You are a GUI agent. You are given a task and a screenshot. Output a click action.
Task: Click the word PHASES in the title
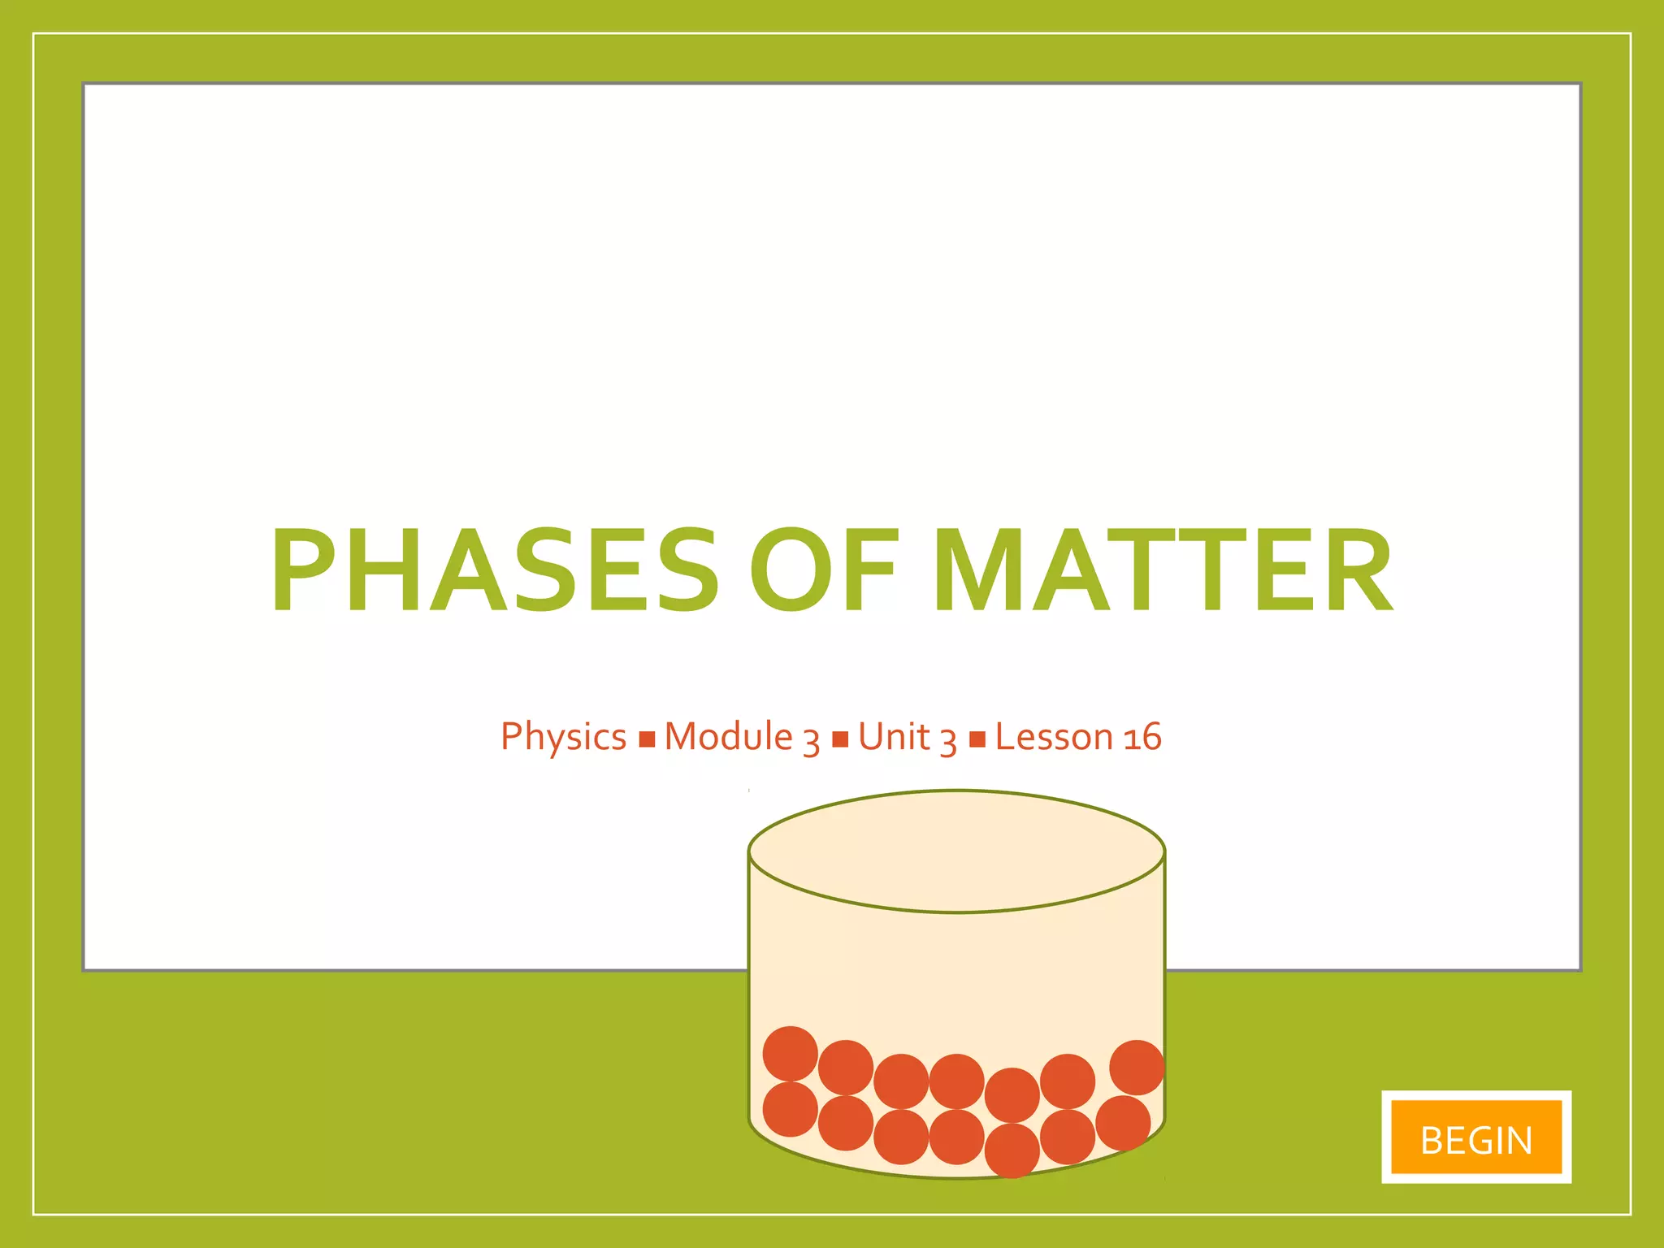495,570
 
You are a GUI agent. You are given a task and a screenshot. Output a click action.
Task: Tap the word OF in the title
824,570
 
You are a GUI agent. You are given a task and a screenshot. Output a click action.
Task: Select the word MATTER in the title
1163,570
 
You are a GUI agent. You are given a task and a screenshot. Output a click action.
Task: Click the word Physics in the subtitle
563,737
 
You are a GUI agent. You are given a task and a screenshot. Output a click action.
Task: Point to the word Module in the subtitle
728,737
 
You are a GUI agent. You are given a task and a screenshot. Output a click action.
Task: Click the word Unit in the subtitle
894,737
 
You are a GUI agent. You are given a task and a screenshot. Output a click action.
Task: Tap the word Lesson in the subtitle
1054,737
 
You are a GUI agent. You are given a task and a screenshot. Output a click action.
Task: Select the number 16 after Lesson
1142,737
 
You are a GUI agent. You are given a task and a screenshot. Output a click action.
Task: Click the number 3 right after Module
811,741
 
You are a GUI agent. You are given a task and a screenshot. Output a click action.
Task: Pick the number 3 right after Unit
948,741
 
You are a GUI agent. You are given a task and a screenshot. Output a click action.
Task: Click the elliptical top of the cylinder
956,851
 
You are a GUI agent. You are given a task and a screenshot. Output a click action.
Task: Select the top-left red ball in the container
790,1053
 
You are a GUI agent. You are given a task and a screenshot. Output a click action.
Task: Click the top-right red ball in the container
1136,1067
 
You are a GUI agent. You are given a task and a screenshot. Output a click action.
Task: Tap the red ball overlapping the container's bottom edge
1012,1150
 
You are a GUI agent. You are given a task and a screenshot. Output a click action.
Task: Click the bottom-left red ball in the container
790,1109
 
